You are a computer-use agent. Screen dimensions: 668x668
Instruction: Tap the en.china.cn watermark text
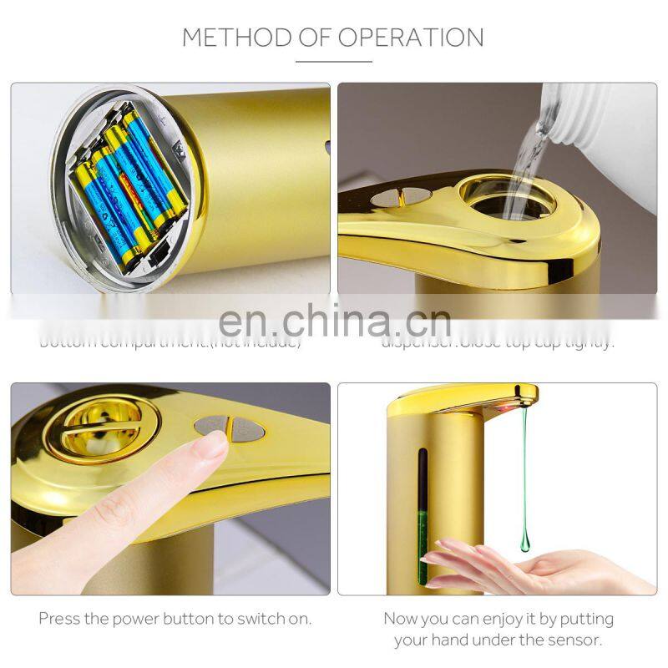tap(333, 322)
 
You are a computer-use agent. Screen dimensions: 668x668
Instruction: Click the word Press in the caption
tap(59, 620)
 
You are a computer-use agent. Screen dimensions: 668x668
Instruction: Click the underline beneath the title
tap(333, 60)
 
